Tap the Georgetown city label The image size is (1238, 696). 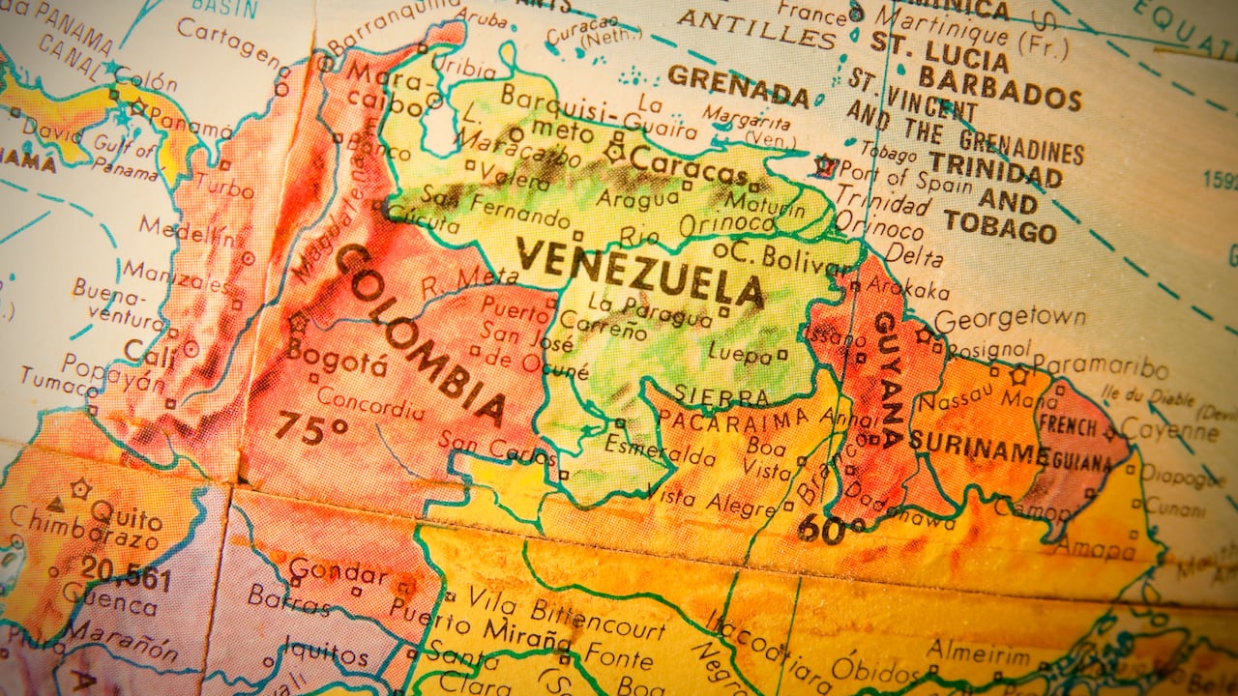click(1010, 318)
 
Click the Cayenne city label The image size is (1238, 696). click(1169, 429)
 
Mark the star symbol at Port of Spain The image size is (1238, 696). click(824, 165)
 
